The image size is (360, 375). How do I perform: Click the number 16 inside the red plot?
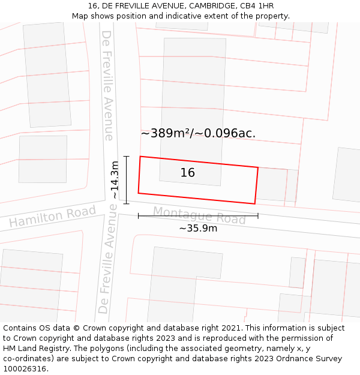(188, 173)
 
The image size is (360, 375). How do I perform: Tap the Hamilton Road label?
(52, 217)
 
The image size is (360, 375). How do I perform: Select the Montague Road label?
(199, 215)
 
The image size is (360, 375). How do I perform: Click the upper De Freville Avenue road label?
(108, 85)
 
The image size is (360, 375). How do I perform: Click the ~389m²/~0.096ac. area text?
(198, 133)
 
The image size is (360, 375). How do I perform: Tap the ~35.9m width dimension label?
(198, 228)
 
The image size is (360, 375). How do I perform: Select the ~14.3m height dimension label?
(115, 180)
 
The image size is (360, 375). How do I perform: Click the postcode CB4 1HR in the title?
(257, 6)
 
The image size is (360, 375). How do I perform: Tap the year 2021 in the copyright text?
(230, 328)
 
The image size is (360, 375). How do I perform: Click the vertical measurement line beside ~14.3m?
(127, 180)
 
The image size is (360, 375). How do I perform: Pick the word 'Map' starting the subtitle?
(80, 16)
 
